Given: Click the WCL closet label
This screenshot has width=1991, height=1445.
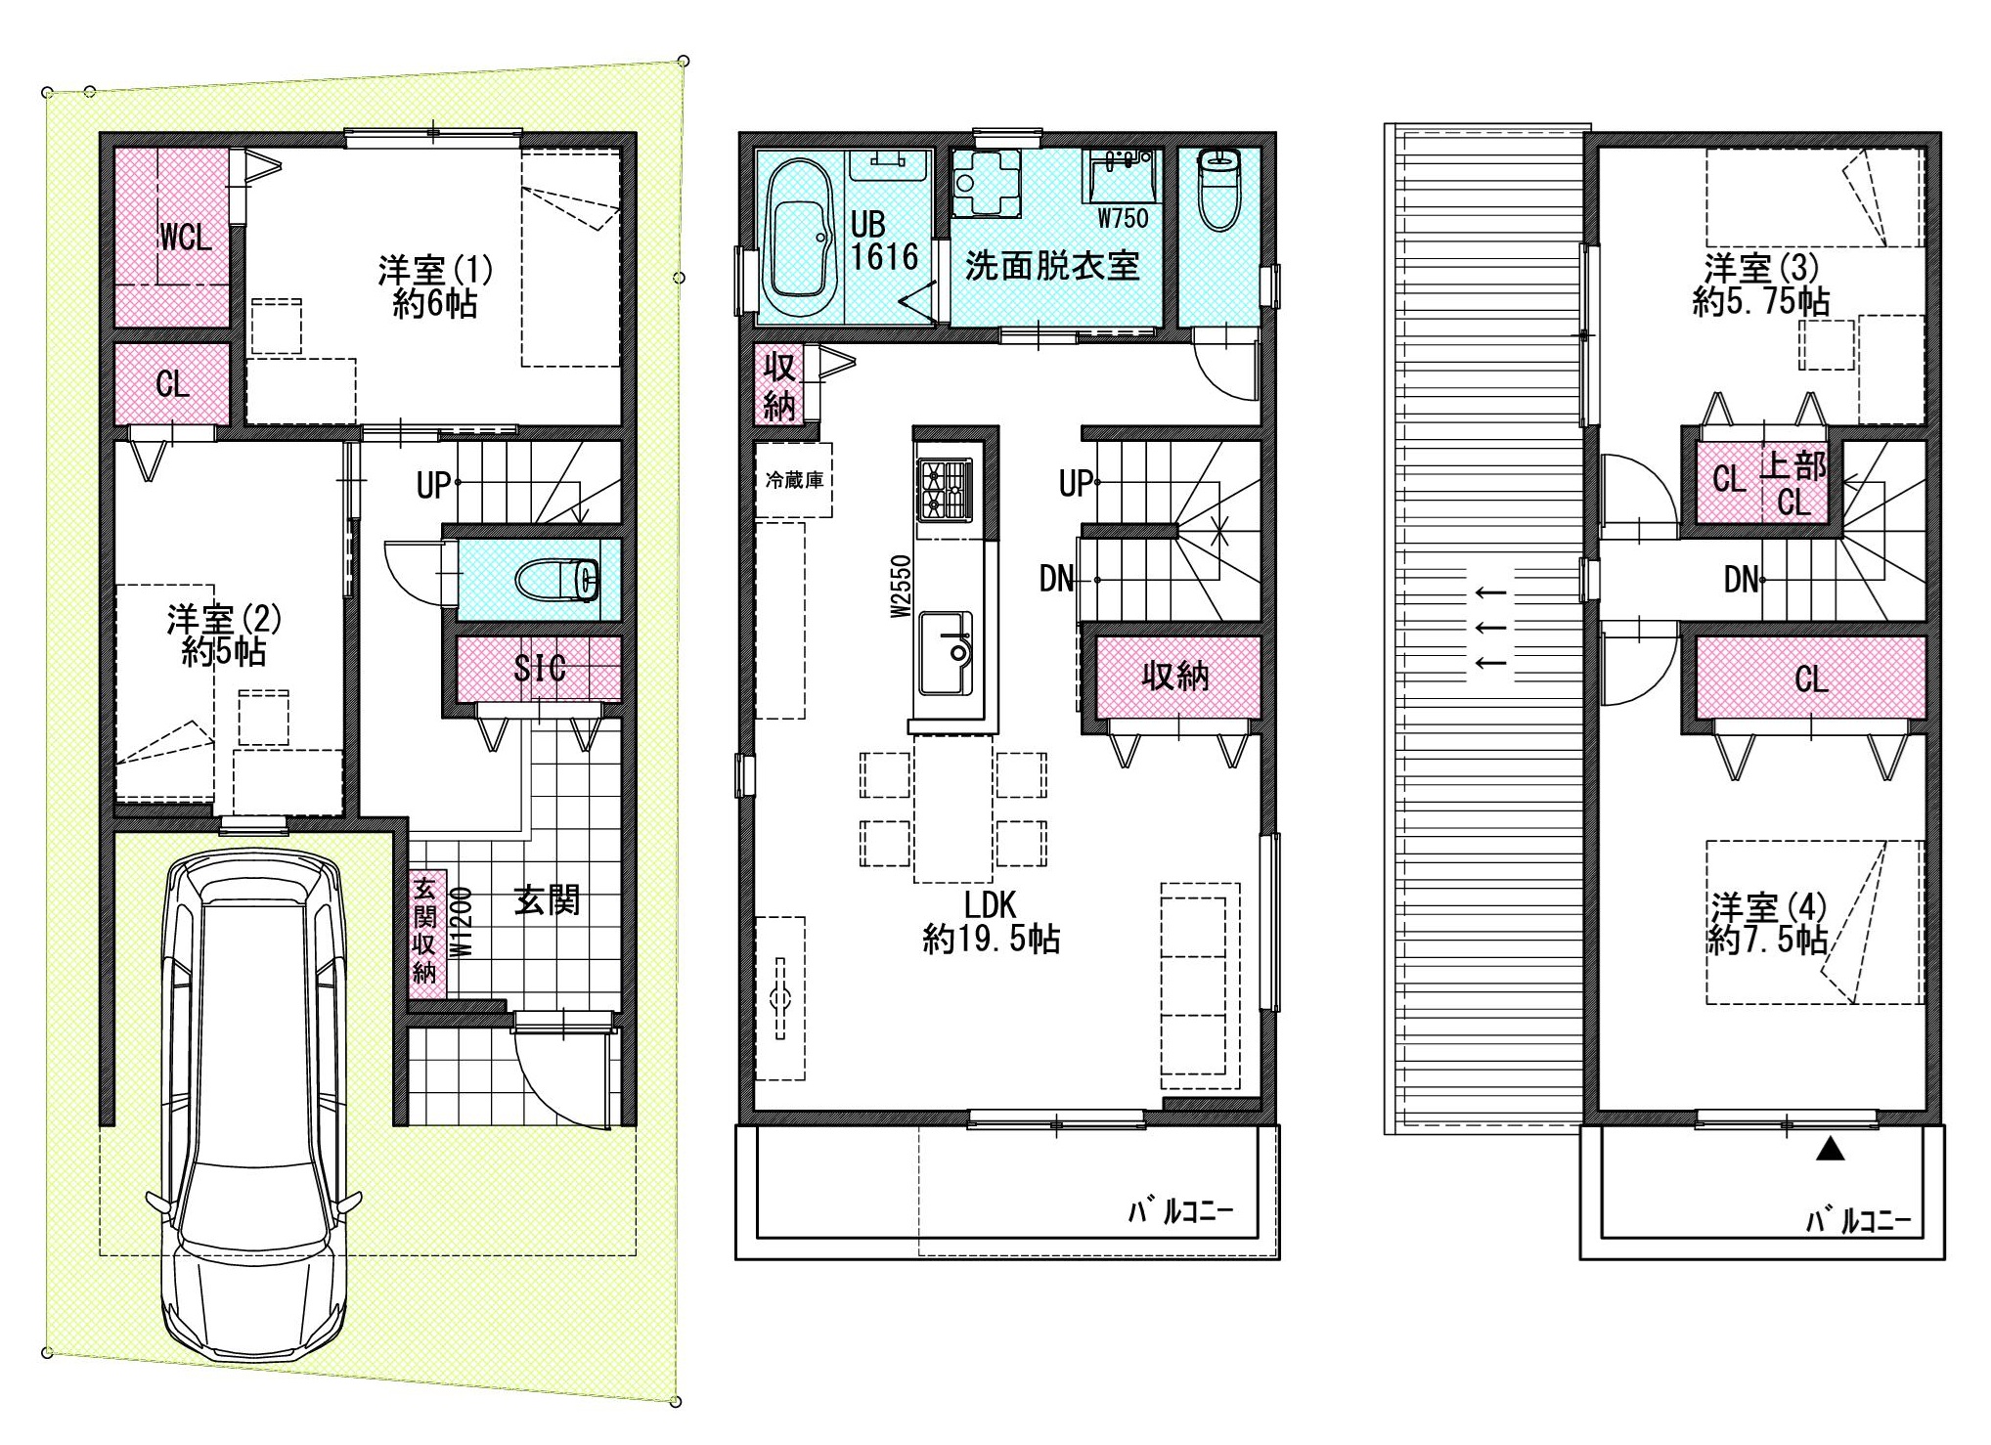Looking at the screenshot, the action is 185,237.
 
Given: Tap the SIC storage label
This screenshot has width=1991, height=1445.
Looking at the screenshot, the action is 540,668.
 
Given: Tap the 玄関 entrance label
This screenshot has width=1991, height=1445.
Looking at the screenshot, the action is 548,899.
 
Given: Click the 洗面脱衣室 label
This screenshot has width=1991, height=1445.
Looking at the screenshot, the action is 1052,266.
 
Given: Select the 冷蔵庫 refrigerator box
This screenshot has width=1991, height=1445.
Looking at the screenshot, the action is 794,480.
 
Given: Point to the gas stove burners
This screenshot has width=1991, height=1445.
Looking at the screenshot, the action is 945,489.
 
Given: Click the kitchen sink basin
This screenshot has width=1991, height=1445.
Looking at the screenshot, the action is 945,653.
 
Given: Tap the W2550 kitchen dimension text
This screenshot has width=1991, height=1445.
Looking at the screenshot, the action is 901,586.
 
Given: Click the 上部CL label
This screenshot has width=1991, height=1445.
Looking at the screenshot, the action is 1793,483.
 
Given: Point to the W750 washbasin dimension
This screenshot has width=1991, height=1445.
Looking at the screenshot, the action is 1123,218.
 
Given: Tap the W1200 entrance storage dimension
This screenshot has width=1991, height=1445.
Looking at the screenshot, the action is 462,922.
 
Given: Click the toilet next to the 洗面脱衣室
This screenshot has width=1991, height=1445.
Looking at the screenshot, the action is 1218,188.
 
